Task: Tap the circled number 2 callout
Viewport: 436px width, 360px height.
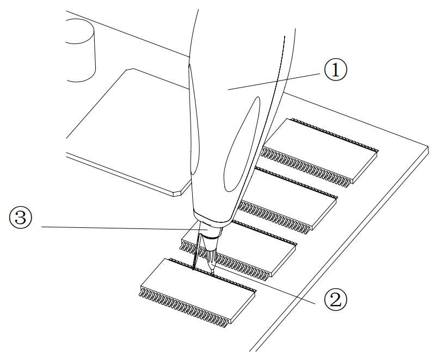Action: point(336,300)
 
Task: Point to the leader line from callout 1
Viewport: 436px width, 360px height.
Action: point(274,82)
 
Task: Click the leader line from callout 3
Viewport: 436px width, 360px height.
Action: point(125,228)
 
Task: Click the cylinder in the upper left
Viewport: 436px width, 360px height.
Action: point(81,50)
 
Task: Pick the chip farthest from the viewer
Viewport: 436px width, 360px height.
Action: point(320,151)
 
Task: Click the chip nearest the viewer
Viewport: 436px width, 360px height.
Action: point(198,290)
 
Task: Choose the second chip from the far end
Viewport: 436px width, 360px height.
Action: point(288,198)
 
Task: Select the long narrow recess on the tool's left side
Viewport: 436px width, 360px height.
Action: point(194,120)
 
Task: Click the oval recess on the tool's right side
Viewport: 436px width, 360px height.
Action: point(242,145)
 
